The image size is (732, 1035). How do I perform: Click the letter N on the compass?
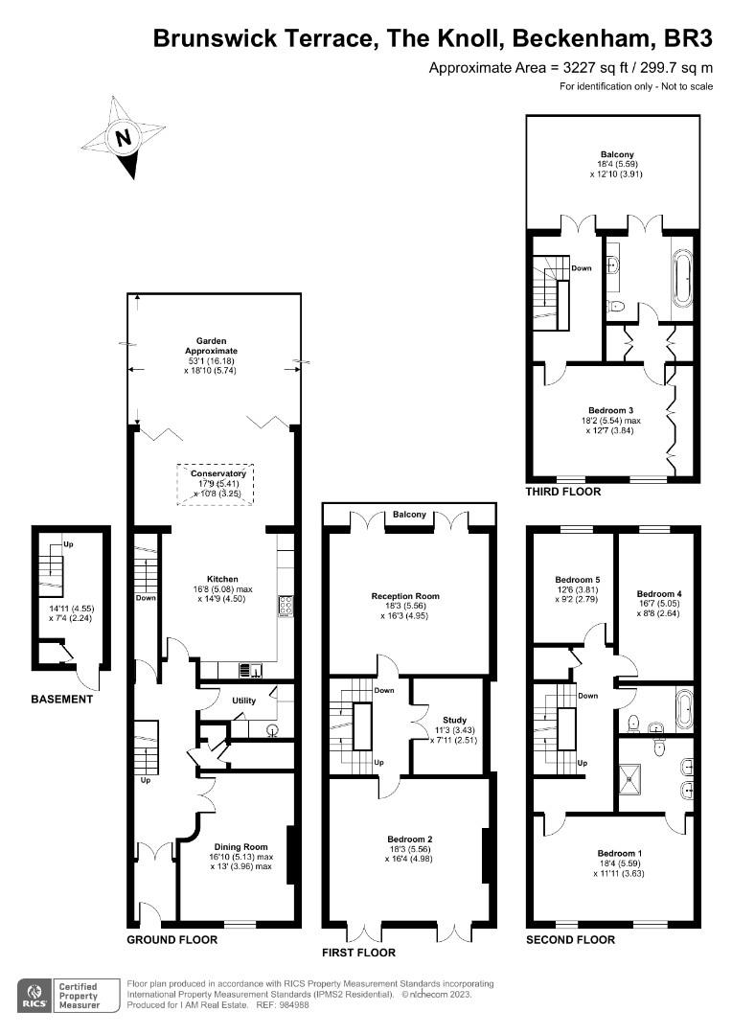122,139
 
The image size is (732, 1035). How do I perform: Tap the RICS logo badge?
34,996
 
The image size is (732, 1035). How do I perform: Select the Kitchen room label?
222,579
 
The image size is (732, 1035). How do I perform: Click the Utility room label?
243,701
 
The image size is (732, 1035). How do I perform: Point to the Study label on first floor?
455,720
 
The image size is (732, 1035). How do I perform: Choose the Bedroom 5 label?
578,580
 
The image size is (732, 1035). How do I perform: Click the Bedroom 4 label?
659,594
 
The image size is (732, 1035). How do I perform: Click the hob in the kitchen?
286,607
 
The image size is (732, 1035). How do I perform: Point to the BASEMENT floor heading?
62,699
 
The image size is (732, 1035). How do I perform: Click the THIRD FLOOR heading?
563,492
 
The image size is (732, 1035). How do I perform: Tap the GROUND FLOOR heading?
172,940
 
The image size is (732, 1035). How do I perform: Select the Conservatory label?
217,474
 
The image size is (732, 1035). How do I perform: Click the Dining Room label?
240,847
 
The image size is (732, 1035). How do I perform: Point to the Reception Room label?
405,596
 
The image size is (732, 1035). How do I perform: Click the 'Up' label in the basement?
68,544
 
